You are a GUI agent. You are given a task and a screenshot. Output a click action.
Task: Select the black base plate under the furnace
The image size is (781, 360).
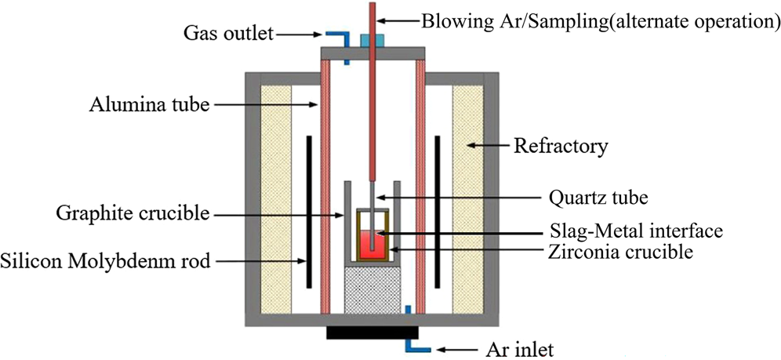[x=372, y=333]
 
